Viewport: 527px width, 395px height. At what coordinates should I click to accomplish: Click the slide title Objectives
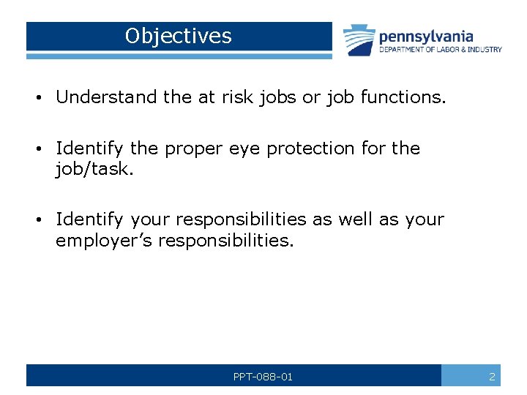click(178, 36)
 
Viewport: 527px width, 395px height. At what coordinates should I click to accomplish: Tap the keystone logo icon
click(358, 40)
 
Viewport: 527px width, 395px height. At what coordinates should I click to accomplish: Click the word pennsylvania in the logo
click(425, 36)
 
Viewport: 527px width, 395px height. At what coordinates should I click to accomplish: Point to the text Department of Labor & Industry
click(440, 50)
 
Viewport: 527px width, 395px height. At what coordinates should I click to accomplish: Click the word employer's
click(105, 241)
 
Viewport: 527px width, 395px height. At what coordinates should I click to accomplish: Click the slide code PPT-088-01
click(263, 377)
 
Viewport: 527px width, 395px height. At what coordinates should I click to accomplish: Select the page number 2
click(492, 377)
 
